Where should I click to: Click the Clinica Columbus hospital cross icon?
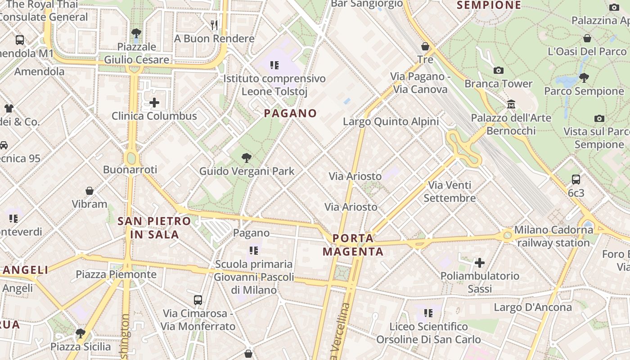click(154, 103)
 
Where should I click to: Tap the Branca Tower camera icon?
click(499, 70)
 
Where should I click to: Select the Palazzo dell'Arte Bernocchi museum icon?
click(511, 104)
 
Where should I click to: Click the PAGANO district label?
click(290, 113)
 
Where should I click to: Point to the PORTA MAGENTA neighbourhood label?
click(353, 245)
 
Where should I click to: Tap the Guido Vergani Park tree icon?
click(246, 157)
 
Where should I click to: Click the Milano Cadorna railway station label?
click(553, 236)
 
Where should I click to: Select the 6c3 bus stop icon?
click(576, 180)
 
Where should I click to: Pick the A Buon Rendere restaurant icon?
click(214, 25)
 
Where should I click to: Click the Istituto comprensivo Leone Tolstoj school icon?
click(274, 65)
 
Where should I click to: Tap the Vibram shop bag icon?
click(90, 191)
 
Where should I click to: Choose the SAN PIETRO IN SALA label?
click(154, 228)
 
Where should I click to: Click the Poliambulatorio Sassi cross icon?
click(480, 262)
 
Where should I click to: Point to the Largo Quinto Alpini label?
click(391, 121)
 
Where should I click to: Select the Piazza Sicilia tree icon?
click(81, 333)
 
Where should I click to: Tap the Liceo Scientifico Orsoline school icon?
click(428, 313)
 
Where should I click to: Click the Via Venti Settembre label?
click(450, 192)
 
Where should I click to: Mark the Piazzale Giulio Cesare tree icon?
click(136, 33)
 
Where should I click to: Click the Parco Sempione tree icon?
click(584, 78)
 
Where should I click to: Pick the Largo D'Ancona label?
click(533, 307)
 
